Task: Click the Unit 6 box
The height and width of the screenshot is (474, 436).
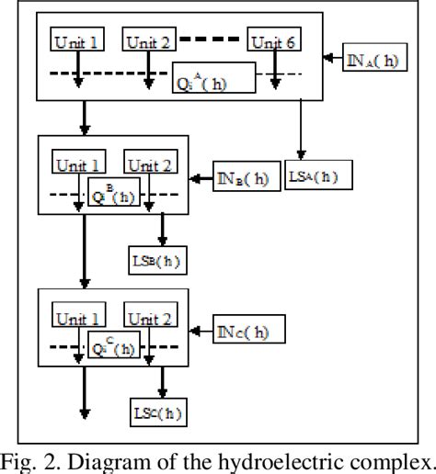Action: tap(273, 41)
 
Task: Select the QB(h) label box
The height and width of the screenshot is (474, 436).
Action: tap(115, 193)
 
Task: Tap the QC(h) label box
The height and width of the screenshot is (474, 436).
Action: tap(115, 347)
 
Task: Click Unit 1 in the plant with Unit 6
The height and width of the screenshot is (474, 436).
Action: tap(78, 41)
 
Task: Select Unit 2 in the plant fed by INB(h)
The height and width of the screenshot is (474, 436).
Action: tap(150, 166)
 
